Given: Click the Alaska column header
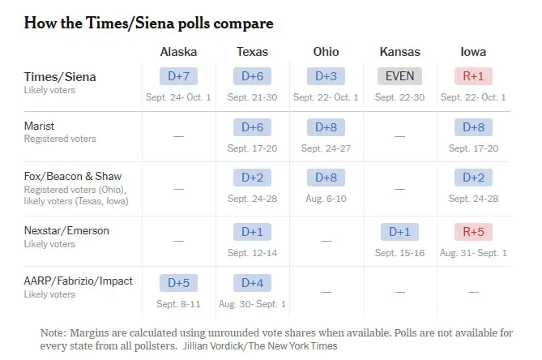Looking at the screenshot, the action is pos(178,52).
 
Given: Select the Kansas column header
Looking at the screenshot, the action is pos(399,52).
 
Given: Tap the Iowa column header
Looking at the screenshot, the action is pos(473,52).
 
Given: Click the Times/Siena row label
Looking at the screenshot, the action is pos(60,77).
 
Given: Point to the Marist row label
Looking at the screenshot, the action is pos(39,126).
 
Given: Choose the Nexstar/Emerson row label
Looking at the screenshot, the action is pos(66,230).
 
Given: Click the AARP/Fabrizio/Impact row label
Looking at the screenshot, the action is pos(78,281).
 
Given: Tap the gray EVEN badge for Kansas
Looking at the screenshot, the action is pos(399,76).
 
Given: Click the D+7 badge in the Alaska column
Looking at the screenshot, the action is pos(178,76).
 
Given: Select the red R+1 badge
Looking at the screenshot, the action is pos(473,76).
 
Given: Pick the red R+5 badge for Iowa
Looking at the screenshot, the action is pos(473,232).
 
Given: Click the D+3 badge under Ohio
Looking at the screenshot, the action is pos(326,76).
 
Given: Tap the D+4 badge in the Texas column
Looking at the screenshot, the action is pos(252,283).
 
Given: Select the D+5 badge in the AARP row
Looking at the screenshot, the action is pos(178,283).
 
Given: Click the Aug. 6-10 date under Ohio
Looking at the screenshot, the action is pos(326,199).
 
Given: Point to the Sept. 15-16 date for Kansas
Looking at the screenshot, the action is pos(399,253).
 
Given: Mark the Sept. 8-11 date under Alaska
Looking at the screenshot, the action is pos(178,304).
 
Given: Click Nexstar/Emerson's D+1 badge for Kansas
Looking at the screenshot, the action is pos(399,232).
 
